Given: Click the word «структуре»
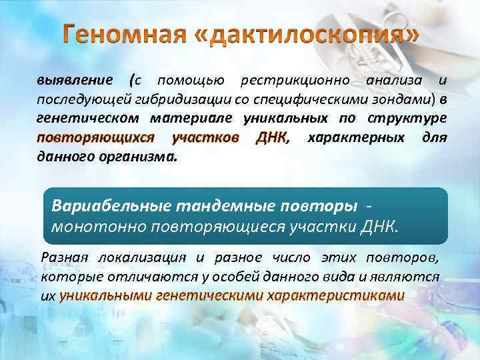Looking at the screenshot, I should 409,119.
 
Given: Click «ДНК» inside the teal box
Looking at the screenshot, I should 376,225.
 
